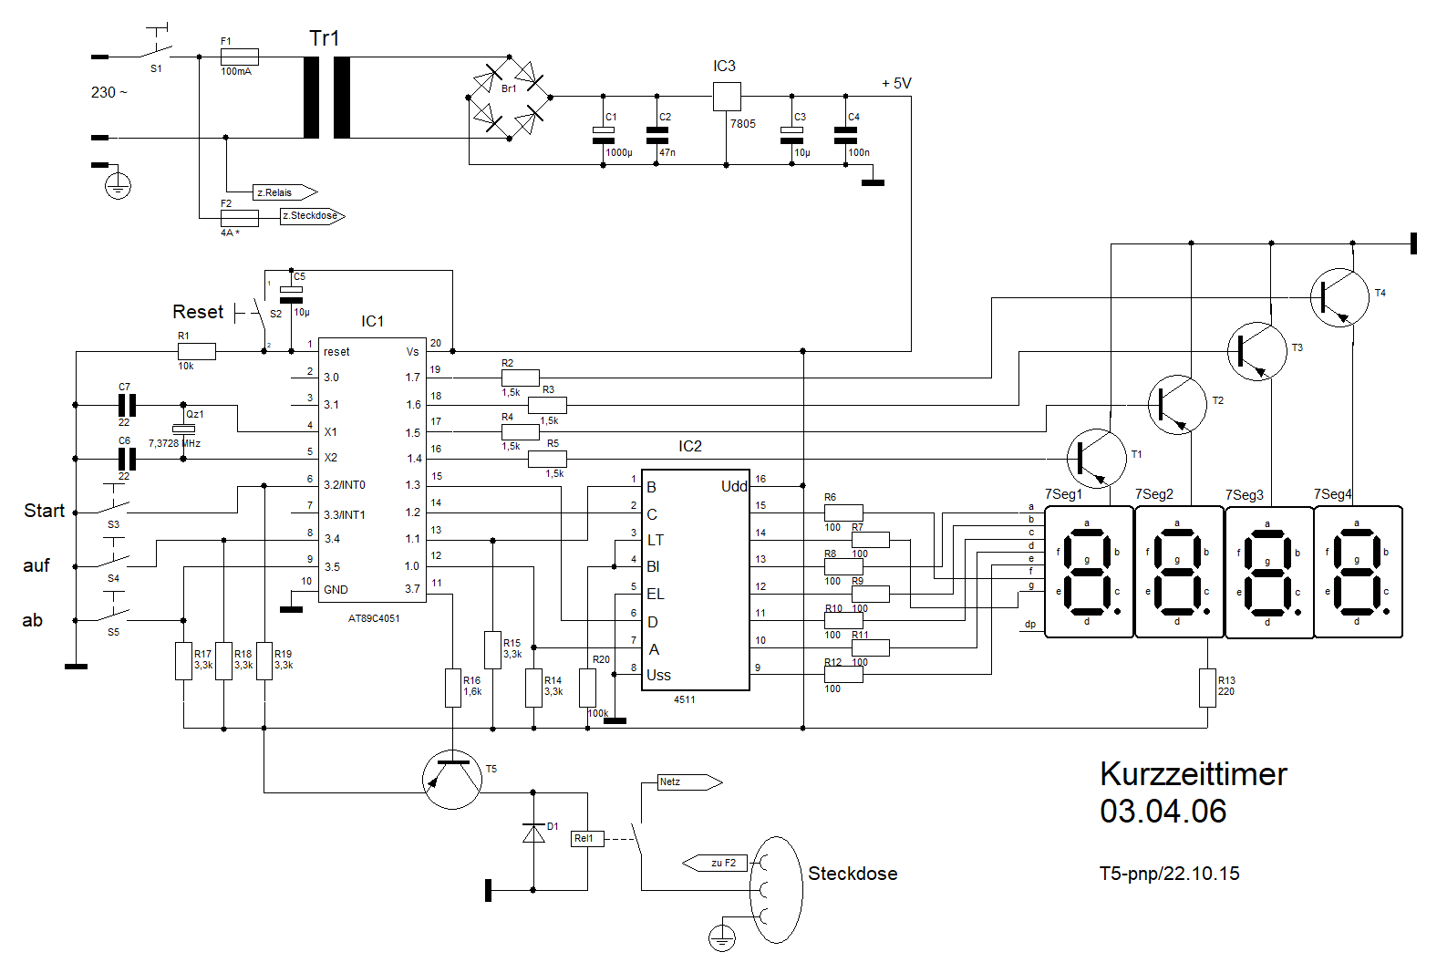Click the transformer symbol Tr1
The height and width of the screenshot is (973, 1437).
point(326,98)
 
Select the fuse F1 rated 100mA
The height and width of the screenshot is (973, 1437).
point(240,57)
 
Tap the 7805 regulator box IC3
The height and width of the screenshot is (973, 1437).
point(726,96)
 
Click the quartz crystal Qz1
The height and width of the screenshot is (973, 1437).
point(183,429)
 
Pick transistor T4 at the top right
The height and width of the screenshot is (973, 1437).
point(1339,297)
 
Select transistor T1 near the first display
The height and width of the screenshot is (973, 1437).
point(1096,458)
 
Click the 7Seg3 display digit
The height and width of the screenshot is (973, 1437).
point(1268,572)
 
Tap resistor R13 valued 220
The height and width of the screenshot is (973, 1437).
point(1207,688)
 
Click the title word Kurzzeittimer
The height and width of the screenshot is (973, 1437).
point(1193,774)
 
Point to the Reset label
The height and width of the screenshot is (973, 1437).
point(198,312)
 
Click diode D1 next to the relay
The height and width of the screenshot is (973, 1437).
point(533,833)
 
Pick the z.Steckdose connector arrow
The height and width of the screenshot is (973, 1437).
point(312,216)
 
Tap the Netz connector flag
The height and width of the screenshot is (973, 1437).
point(689,782)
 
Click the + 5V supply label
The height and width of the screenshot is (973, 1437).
point(896,83)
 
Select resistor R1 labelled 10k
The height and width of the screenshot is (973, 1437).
point(196,351)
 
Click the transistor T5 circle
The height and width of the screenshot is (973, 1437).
point(452,780)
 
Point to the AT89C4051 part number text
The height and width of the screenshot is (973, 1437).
point(374,618)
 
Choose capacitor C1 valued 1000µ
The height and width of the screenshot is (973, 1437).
point(604,135)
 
